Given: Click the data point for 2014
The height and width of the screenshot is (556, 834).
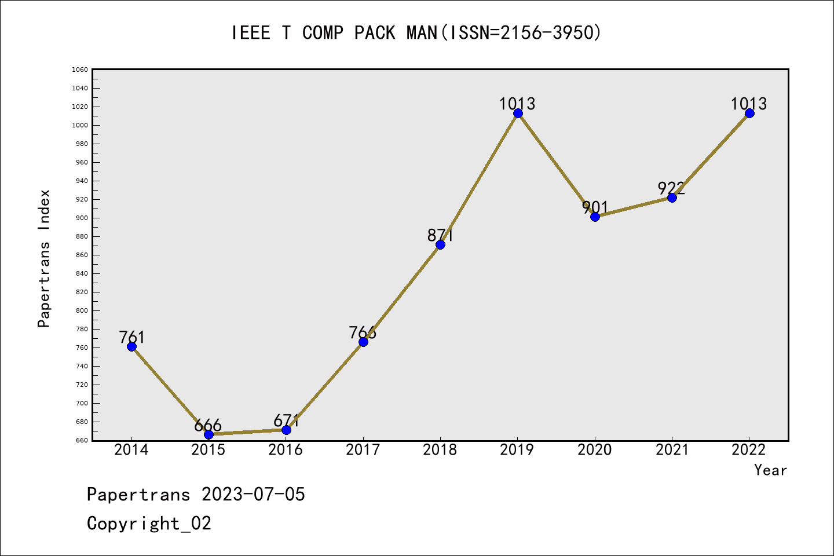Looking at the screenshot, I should point(131,346).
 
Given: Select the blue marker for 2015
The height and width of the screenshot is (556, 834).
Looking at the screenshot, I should point(209,434).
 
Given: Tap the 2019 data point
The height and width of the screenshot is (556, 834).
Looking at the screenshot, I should point(518,113).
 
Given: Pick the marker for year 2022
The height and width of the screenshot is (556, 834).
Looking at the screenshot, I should point(749,113).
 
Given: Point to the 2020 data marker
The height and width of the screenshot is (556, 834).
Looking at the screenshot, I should point(595,217).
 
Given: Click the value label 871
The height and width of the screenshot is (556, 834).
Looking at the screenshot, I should point(440,235).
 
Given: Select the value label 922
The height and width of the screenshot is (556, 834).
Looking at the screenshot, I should point(671,188).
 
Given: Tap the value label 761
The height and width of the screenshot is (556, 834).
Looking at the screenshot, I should point(131,337).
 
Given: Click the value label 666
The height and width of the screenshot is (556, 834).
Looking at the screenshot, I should point(208,425).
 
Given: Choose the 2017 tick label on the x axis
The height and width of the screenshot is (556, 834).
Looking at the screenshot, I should point(363,450).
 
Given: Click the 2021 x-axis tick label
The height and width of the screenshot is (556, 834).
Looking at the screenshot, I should point(672,450).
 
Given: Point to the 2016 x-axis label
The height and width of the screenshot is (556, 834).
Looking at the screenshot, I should point(286,450).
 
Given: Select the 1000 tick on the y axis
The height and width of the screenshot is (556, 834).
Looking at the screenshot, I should point(81,125).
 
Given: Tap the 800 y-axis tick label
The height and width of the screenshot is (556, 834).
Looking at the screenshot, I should point(81,310).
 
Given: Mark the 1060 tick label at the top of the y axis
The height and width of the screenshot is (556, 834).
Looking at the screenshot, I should point(80,69).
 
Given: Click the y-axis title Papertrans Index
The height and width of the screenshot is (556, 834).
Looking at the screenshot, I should point(44,258).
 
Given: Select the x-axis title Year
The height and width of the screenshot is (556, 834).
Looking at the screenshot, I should point(770,470).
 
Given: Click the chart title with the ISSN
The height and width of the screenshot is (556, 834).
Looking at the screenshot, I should point(416,33).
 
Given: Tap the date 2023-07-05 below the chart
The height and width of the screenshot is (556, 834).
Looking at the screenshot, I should point(253,495).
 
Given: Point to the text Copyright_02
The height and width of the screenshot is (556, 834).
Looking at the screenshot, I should point(149,524).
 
